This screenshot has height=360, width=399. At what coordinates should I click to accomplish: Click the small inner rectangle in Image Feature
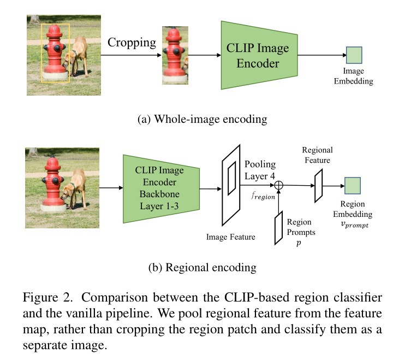(x=232, y=178)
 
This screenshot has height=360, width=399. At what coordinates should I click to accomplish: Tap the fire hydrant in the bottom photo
(x=52, y=183)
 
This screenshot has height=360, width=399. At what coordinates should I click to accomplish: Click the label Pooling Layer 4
(x=260, y=170)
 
